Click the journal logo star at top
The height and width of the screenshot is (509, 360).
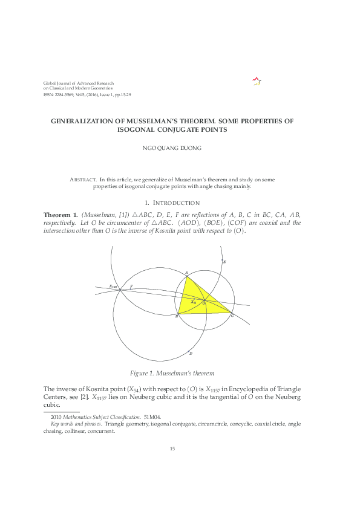tap(256, 81)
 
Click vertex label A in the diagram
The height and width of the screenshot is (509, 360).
tap(186, 273)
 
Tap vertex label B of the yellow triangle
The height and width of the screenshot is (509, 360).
tap(176, 316)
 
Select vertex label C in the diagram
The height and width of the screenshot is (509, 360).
tap(232, 316)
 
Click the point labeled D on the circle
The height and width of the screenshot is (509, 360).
tap(191, 353)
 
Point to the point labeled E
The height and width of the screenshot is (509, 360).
tap(224, 262)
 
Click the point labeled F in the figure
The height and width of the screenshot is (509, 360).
tap(131, 286)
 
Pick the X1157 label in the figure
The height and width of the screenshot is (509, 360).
tap(113, 286)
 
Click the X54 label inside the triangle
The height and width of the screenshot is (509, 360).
tap(194, 302)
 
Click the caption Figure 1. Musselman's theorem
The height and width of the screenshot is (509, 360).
tap(172, 372)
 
